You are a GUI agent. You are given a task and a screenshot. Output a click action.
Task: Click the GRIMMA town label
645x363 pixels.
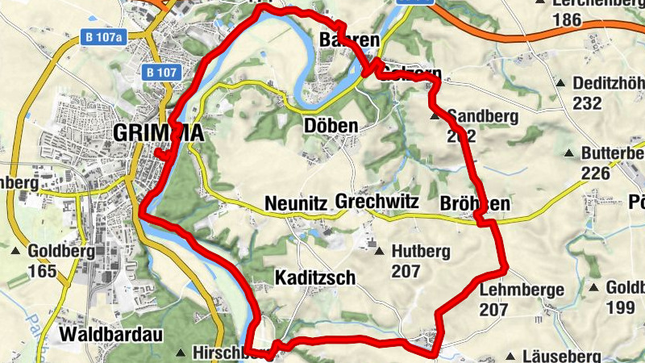[x=158, y=133]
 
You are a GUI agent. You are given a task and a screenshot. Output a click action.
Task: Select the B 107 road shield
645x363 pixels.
[x=161, y=72]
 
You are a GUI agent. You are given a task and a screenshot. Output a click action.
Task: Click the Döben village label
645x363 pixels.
[x=331, y=127]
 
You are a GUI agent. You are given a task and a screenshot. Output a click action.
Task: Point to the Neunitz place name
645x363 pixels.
[x=295, y=204]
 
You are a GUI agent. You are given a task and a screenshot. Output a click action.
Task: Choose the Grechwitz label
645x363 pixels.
[x=377, y=202]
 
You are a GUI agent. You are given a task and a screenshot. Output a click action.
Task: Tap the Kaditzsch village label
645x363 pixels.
[x=315, y=277]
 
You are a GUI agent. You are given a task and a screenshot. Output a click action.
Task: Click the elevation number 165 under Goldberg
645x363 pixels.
[x=42, y=271]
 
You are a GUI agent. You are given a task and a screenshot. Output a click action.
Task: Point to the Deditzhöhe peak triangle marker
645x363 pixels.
[x=562, y=83]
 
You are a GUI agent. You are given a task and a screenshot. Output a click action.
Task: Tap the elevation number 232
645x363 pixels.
[x=588, y=103]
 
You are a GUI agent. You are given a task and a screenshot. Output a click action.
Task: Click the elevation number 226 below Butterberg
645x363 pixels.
[x=596, y=173]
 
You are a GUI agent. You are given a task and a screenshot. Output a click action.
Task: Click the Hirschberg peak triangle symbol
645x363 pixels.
[x=182, y=353]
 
